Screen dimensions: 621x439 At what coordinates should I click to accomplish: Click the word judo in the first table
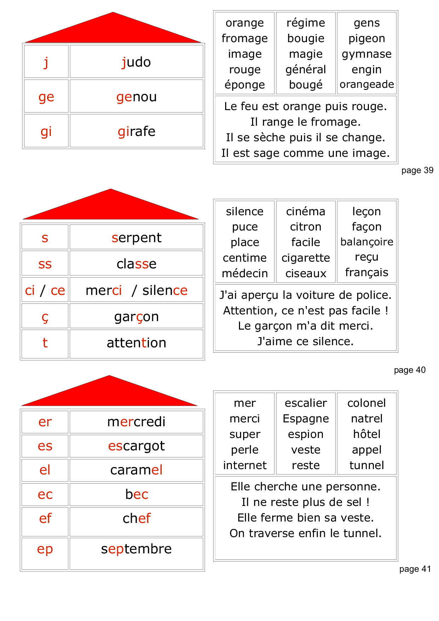tap(136, 62)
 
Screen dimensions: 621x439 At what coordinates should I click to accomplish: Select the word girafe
tap(136, 131)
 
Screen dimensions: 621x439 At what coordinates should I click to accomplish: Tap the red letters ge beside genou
tap(46, 97)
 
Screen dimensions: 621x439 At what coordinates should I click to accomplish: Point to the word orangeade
tap(366, 84)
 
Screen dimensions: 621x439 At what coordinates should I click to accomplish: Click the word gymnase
tap(366, 54)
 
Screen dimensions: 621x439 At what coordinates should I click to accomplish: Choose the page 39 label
tap(417, 170)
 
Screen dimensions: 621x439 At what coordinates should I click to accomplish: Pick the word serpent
tap(136, 238)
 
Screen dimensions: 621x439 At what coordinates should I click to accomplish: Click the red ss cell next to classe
tap(45, 264)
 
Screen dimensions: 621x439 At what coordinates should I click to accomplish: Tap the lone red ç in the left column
tap(45, 317)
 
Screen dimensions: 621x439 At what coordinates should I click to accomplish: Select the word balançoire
tap(366, 242)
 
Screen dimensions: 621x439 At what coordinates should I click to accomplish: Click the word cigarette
tap(306, 258)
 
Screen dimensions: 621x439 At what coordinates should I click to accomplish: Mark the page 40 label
tap(410, 370)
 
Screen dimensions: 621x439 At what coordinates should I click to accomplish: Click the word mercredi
tap(136, 422)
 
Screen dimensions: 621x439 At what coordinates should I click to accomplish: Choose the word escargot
tap(136, 446)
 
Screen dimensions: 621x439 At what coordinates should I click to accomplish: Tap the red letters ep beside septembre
tap(45, 549)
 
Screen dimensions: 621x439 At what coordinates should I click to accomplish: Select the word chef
tap(136, 518)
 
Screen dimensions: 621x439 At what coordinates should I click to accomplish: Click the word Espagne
tap(306, 418)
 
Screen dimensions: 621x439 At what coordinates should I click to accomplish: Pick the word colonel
tap(366, 403)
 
